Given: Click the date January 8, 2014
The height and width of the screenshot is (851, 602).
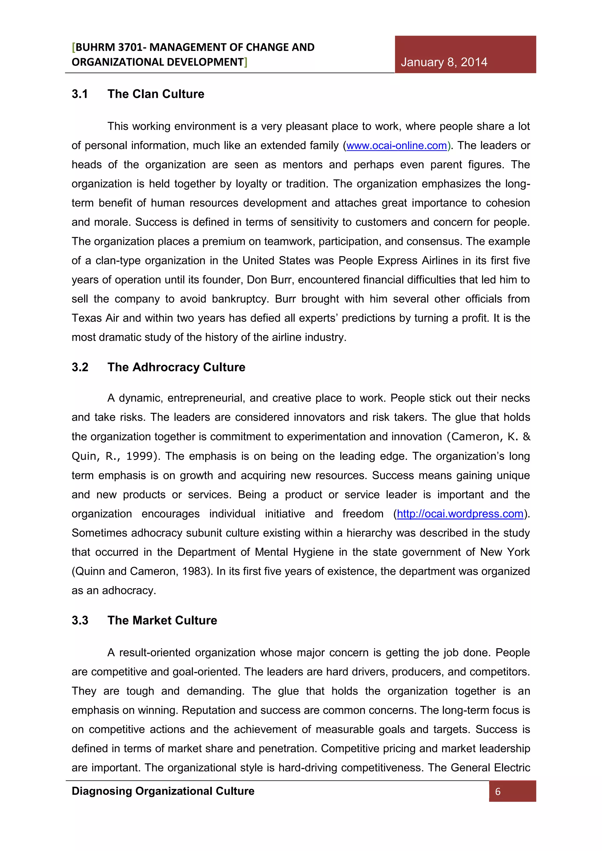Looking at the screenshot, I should tap(444, 62).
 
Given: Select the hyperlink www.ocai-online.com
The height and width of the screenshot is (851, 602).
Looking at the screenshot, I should tap(396, 146).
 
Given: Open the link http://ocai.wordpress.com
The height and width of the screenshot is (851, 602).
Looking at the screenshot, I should tap(460, 514).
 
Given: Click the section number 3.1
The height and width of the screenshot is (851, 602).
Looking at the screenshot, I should tap(80, 94).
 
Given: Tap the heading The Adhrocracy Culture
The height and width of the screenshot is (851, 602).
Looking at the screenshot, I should tap(176, 367).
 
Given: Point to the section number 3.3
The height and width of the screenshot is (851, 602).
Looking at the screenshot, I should tap(80, 620).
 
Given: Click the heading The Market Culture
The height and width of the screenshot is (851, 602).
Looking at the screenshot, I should tap(162, 620).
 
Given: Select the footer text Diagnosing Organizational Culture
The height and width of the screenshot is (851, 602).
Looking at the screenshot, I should tap(163, 791).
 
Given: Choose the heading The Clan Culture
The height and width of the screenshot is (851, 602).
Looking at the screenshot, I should tap(156, 94).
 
